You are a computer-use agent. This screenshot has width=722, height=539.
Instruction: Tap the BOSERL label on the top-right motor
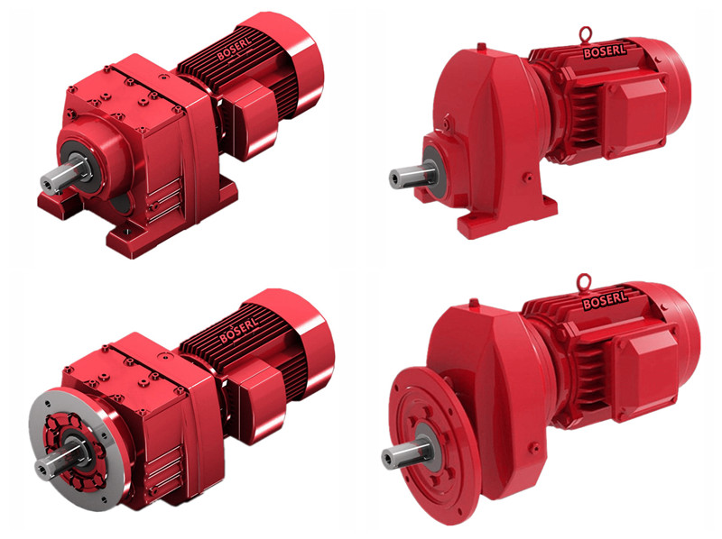pos(604,51)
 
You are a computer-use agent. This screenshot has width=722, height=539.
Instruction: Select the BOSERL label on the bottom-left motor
pos(239,329)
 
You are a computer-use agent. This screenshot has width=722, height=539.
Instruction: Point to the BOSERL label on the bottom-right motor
pos(605,301)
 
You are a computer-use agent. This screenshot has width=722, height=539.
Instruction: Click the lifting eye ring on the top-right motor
pos(586,34)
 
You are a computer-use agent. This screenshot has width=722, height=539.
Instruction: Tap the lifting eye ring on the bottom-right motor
pos(585,280)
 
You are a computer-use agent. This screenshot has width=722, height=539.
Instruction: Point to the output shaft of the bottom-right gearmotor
pos(407,453)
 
